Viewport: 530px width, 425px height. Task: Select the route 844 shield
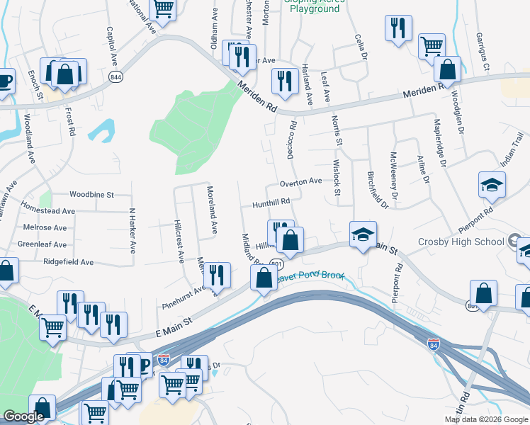pos(114,76)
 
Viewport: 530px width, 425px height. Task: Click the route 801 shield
pos(276,263)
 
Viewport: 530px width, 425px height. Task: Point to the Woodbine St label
pos(92,194)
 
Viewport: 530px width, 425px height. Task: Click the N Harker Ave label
pos(132,229)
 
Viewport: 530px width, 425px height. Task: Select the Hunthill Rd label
pos(271,202)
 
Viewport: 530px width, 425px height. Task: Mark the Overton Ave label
pos(300,182)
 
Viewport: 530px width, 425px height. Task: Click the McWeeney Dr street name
pos(394,174)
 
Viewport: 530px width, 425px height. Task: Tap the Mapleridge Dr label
pos(439,142)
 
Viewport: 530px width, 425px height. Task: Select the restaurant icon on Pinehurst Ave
pos(218,275)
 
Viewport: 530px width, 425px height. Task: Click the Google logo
pos(24,416)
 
